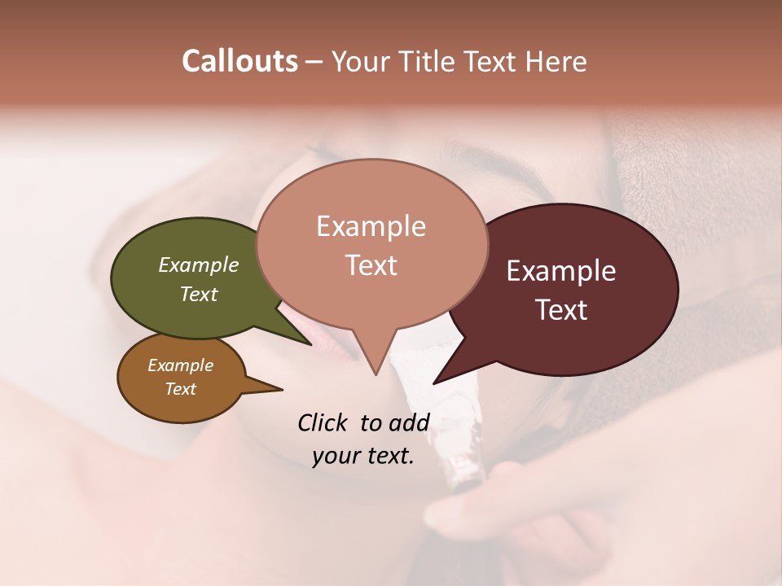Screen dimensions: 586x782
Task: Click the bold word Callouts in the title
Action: [x=239, y=61]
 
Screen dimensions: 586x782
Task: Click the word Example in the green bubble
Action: [x=199, y=265]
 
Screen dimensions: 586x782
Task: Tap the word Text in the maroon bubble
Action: [x=562, y=310]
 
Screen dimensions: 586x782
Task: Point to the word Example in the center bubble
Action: [x=371, y=226]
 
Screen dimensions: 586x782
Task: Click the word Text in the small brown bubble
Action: [x=180, y=389]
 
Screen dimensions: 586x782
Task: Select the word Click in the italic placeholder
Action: [x=323, y=422]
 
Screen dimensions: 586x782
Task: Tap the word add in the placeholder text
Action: [x=409, y=422]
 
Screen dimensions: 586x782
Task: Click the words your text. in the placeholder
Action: [x=363, y=457]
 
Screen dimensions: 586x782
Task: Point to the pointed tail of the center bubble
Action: [x=375, y=365]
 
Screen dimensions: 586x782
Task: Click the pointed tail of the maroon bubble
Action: [x=444, y=375]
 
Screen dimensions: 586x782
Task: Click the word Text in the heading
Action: [x=493, y=62]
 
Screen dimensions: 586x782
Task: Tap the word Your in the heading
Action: [x=358, y=62]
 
